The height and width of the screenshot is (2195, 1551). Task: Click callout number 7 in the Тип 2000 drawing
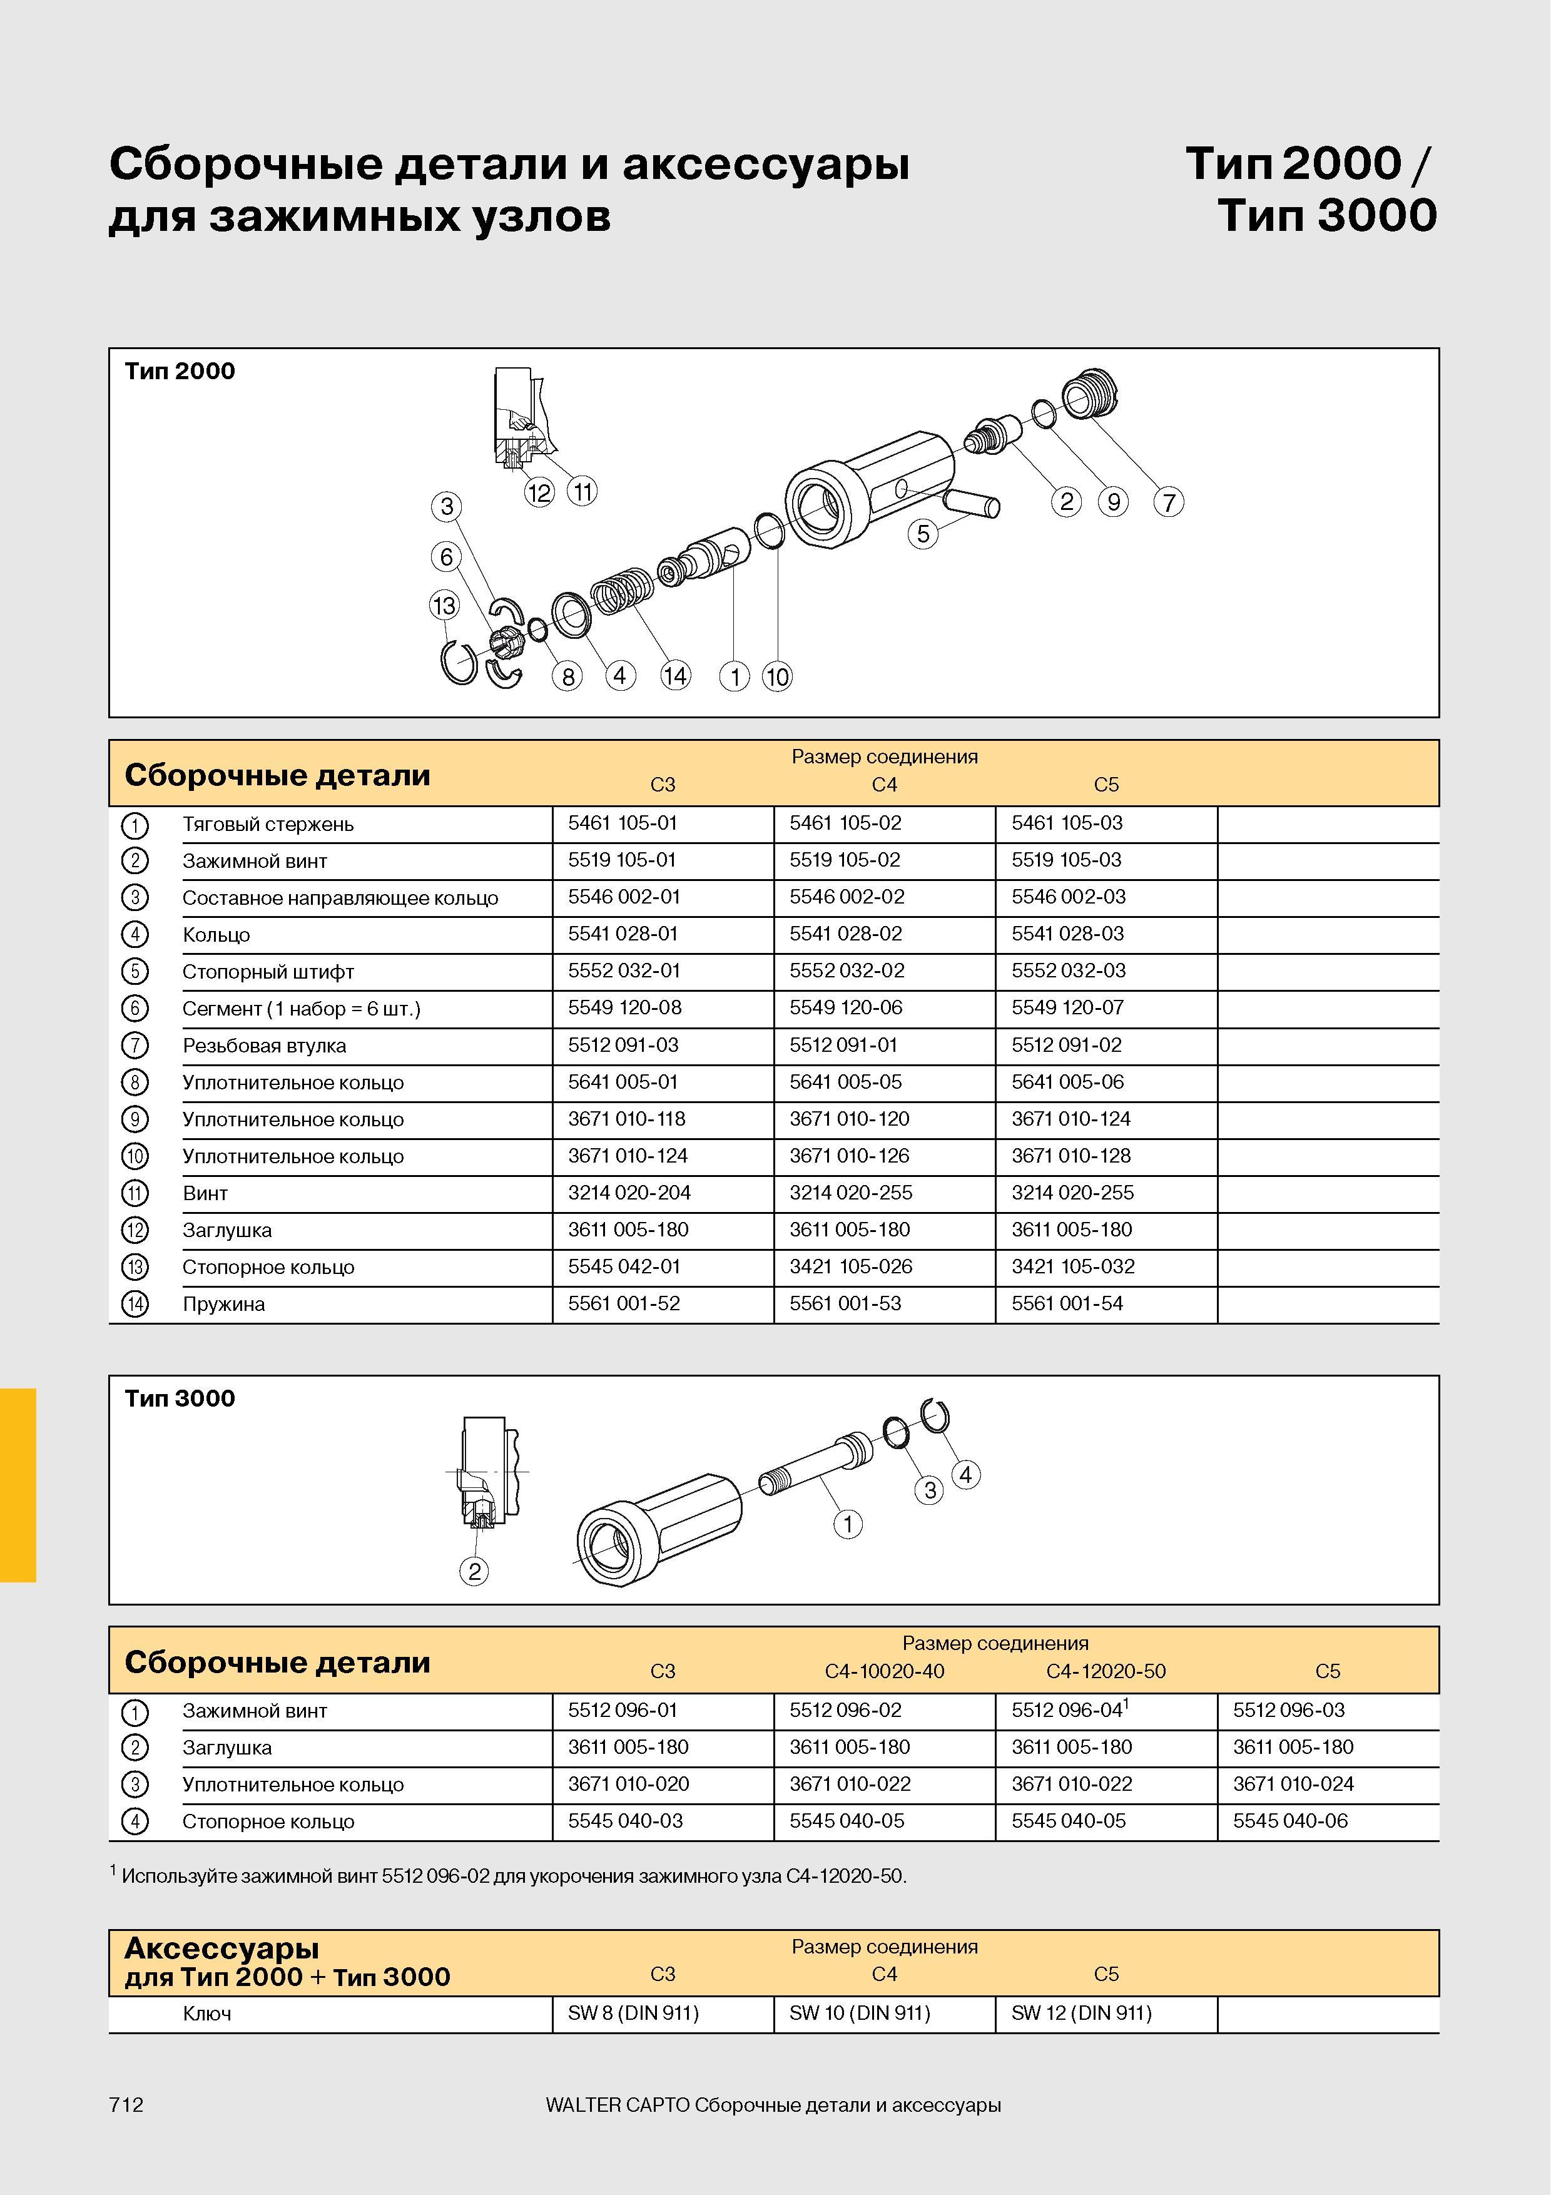[1168, 502]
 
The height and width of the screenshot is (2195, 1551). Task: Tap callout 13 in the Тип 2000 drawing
[444, 605]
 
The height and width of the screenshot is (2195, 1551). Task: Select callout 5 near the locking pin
[923, 534]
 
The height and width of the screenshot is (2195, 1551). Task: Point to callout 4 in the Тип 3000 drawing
[965, 1475]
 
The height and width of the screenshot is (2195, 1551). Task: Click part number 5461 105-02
[845, 823]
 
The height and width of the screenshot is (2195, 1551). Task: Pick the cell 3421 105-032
[1073, 1266]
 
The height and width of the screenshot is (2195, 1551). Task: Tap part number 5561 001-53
[845, 1304]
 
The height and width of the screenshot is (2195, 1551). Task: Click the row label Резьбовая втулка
[264, 1046]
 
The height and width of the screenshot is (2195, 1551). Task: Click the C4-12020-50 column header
[1106, 1671]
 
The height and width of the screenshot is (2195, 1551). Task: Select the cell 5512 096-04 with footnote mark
[1070, 1709]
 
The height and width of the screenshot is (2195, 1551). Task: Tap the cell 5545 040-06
[1290, 1821]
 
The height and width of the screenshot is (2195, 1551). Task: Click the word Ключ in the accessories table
[206, 2014]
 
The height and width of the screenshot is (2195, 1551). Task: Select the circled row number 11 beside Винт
[135, 1194]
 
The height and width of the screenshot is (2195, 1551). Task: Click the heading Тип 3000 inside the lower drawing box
[180, 1398]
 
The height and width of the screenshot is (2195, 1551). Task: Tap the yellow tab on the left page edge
[18, 1485]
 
